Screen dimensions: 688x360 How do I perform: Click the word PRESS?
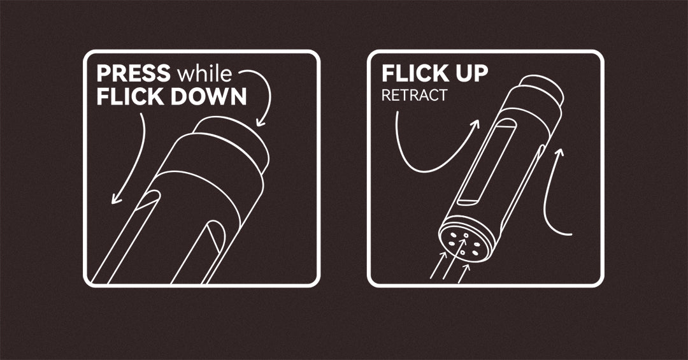[133, 73]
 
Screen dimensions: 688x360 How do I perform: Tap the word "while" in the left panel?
[204, 73]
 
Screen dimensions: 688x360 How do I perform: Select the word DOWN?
[208, 97]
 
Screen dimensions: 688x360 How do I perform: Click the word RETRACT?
[414, 96]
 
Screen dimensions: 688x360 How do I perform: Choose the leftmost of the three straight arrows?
[438, 265]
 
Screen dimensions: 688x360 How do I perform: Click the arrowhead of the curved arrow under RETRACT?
[475, 125]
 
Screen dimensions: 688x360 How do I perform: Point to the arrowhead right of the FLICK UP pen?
[559, 153]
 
